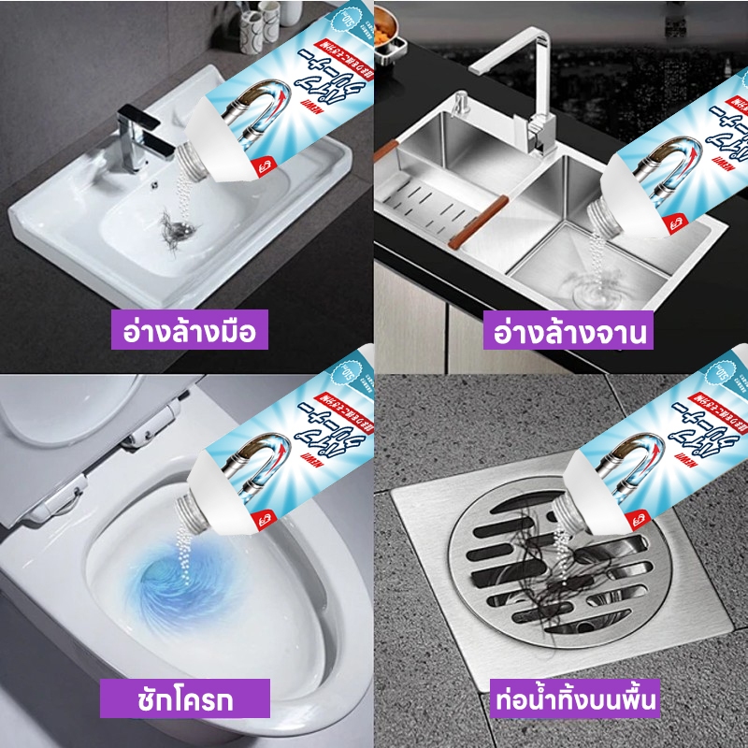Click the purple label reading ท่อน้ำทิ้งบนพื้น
(572, 698)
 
